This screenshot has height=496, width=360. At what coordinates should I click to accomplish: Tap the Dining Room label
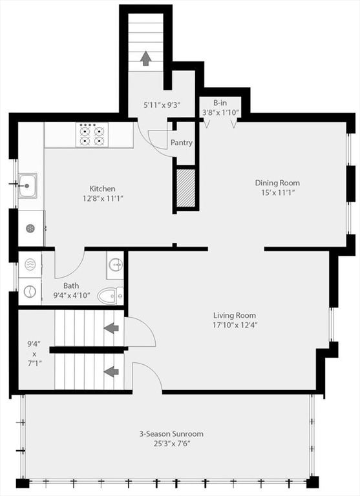pos(277,183)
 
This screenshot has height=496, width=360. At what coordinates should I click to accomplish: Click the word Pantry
pos(182,143)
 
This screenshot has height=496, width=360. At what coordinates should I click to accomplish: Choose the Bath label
pos(72,285)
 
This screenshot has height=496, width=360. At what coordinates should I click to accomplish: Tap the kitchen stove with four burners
pos(91,134)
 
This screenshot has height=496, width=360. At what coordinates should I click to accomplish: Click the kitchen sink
pos(27,185)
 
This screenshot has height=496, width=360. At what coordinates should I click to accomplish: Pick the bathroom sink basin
pos(115,264)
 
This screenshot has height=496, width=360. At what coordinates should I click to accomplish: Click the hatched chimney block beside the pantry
pos(186,187)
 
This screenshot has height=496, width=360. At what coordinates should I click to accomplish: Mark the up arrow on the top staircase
pos(145,58)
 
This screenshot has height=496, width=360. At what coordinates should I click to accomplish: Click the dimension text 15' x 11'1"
pos(277,193)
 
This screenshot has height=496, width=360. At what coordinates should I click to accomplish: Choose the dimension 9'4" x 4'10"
pos(72,296)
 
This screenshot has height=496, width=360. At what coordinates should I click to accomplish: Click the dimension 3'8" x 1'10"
pos(220,112)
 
